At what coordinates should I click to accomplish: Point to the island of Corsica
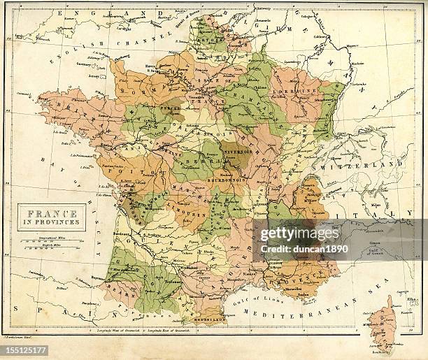(x=383, y=324)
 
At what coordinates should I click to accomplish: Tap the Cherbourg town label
(x=120, y=57)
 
